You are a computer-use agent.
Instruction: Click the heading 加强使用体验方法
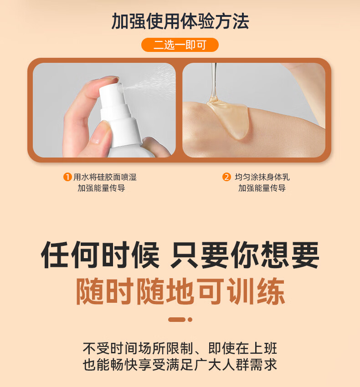[180, 21]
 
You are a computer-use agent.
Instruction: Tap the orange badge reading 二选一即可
[180, 45]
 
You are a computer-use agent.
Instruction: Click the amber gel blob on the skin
[229, 118]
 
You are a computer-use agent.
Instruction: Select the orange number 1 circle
[67, 177]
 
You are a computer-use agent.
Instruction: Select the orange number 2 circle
[226, 177]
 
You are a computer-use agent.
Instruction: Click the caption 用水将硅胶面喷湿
[105, 177]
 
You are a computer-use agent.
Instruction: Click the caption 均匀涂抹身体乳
[262, 177]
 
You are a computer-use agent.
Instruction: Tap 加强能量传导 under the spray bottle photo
[101, 188]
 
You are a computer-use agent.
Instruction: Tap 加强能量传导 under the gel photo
[262, 188]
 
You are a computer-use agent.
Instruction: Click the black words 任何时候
[100, 255]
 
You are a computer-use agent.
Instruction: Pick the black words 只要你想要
[245, 255]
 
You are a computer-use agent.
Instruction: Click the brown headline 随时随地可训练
[180, 291]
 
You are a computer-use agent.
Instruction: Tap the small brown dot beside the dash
[190, 320]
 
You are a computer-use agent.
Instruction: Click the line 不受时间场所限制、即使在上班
[180, 348]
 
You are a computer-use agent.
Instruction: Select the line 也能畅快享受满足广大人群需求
[180, 365]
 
